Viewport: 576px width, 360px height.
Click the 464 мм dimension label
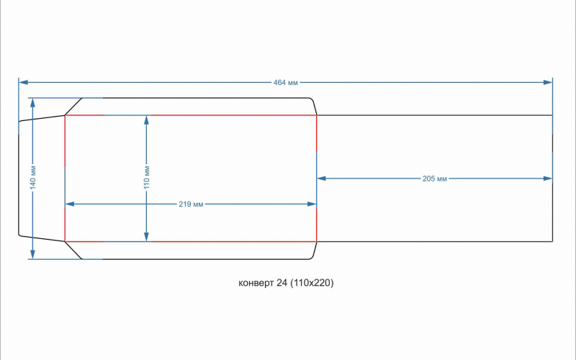click(x=285, y=83)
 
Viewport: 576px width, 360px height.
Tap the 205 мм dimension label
click(x=435, y=179)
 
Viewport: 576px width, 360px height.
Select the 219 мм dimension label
click(x=191, y=204)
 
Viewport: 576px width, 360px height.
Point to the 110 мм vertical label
click(x=147, y=178)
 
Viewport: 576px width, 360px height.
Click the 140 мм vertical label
click(x=32, y=178)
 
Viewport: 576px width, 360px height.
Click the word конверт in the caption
click(x=256, y=283)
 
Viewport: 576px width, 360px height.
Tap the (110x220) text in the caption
click(x=312, y=283)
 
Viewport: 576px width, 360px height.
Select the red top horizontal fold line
click(x=216, y=115)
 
